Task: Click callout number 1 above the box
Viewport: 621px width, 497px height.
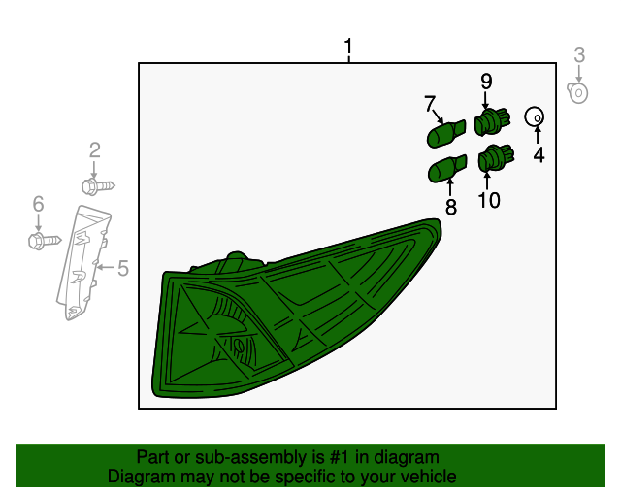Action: [x=348, y=47]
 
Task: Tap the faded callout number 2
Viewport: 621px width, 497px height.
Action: [x=95, y=150]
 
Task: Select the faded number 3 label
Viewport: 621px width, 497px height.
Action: [x=579, y=55]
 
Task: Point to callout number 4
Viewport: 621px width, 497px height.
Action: [x=539, y=154]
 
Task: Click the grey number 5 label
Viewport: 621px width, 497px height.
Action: [x=123, y=268]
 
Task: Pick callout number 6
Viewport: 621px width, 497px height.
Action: [x=38, y=204]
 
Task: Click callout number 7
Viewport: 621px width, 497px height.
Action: [x=430, y=104]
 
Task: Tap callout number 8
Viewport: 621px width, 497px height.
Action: [x=451, y=207]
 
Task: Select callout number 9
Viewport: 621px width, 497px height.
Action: [x=486, y=82]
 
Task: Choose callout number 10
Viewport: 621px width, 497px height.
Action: [x=489, y=200]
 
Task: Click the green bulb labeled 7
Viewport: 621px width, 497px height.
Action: [x=446, y=134]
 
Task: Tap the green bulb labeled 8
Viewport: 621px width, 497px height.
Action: [x=447, y=169]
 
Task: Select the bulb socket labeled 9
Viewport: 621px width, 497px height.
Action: [x=492, y=121]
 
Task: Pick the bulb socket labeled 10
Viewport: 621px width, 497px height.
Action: [x=496, y=158]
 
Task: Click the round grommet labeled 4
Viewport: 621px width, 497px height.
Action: [x=535, y=116]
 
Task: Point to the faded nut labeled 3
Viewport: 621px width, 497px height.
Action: [x=577, y=93]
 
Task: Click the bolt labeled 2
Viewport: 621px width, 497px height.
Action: [x=98, y=186]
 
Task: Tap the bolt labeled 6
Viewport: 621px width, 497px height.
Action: [x=45, y=241]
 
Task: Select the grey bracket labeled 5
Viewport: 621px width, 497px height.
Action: [x=83, y=261]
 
